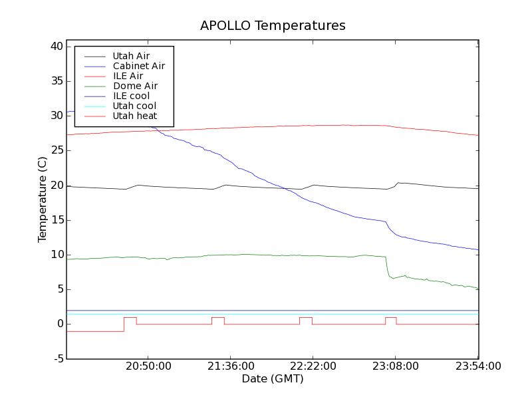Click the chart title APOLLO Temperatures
click(x=273, y=26)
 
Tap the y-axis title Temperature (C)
click(x=43, y=199)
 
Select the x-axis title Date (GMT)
click(x=273, y=378)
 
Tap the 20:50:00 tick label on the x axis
click(x=148, y=366)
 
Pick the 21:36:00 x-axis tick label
click(x=231, y=366)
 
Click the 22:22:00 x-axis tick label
click(x=313, y=366)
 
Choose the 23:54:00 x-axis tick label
click(x=478, y=366)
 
